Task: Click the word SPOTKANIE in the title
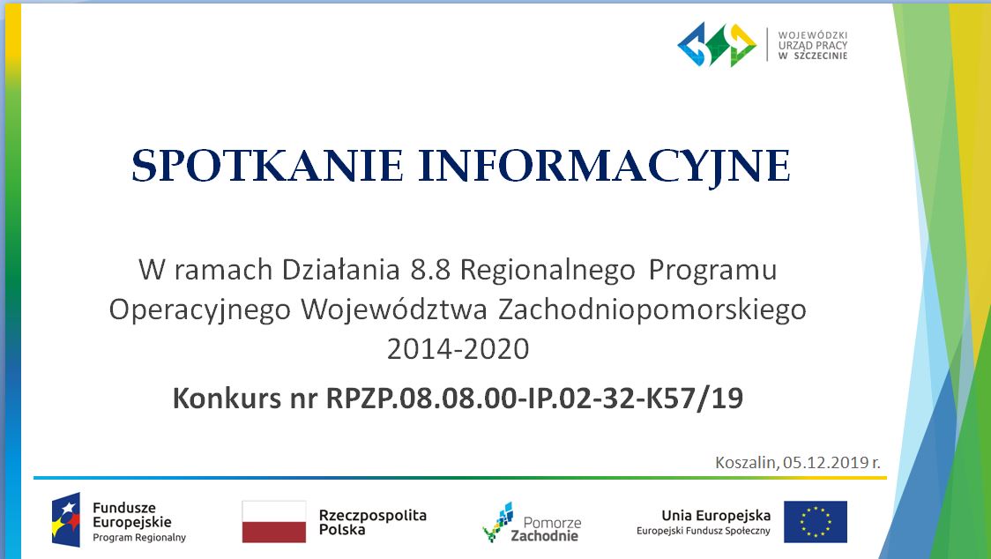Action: tap(267, 166)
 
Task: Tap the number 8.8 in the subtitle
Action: tap(429, 270)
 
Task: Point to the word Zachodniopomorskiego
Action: tap(652, 310)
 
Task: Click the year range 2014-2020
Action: tap(458, 349)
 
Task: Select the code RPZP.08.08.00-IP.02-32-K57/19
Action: tap(534, 399)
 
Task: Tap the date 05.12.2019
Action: tap(825, 462)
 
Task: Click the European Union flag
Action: tap(816, 522)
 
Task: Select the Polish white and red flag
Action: tap(273, 522)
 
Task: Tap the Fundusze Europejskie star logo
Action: tap(66, 519)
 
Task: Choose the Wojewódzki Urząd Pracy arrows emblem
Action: tap(717, 44)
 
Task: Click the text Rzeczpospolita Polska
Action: tap(373, 522)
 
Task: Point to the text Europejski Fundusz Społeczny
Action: tap(704, 531)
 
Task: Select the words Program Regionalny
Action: tap(139, 538)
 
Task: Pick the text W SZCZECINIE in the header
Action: tap(813, 56)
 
